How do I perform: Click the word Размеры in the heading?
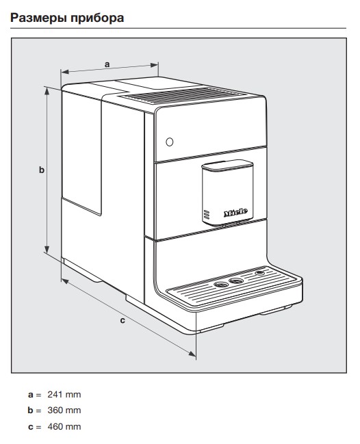point(38,18)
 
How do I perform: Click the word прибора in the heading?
point(97,18)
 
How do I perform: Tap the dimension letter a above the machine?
point(107,64)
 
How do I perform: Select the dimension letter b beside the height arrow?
point(42,170)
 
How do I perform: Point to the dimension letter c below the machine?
point(123,320)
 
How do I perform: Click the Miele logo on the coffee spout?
point(235,212)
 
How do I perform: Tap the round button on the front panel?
point(169,142)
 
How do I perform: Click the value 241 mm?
point(64,395)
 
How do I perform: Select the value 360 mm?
point(64,410)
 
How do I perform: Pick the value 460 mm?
point(64,426)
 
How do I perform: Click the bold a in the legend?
point(30,395)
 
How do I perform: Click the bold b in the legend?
point(30,410)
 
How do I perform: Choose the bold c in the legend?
point(30,427)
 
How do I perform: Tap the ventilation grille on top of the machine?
point(182,96)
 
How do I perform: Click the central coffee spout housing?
point(227,192)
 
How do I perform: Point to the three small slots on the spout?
point(207,215)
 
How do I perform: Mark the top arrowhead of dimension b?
point(47,91)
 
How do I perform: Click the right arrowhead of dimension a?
point(155,66)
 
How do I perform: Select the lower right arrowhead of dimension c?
point(192,354)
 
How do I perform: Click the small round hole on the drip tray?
point(259,273)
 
